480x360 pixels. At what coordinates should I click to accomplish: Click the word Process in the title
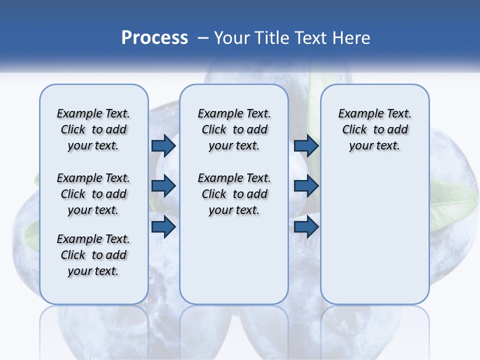pyautogui.click(x=154, y=38)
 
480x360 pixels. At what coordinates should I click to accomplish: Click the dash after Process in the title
pyautogui.click(x=203, y=38)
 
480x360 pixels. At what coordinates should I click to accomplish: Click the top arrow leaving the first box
pyautogui.click(x=163, y=145)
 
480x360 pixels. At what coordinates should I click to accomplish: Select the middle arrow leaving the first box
pyautogui.click(x=163, y=186)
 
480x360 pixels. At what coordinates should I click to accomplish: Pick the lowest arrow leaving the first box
pyautogui.click(x=163, y=226)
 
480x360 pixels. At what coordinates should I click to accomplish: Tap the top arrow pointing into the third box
pyautogui.click(x=306, y=145)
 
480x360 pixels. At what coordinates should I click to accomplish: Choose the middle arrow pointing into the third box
pyautogui.click(x=306, y=186)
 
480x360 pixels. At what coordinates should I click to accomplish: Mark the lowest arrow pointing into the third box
pyautogui.click(x=306, y=226)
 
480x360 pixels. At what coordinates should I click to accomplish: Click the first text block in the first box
pyautogui.click(x=93, y=129)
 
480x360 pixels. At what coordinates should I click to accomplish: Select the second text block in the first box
pyautogui.click(x=93, y=194)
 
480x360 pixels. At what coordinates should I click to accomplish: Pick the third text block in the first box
pyautogui.click(x=93, y=255)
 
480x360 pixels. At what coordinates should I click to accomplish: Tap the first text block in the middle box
pyautogui.click(x=234, y=129)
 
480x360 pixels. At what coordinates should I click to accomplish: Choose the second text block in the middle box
pyautogui.click(x=234, y=194)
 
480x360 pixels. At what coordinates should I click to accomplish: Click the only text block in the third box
pyautogui.click(x=374, y=129)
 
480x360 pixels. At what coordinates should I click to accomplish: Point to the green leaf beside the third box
pyautogui.click(x=452, y=202)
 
